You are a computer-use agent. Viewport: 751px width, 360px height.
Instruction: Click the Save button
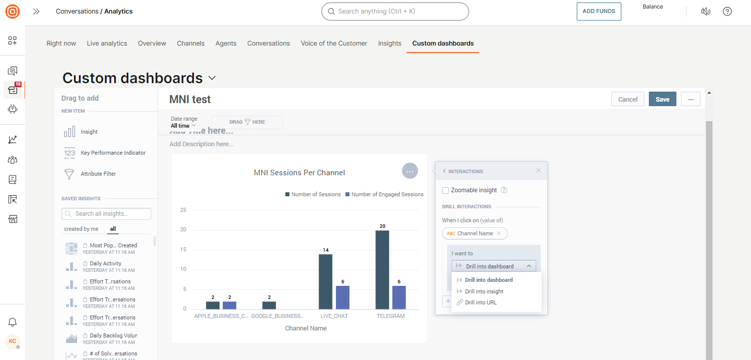662,99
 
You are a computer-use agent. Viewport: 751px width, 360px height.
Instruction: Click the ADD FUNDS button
599,12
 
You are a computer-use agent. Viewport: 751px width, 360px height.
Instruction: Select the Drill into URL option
481,302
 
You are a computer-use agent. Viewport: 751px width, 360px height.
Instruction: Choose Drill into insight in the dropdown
484,291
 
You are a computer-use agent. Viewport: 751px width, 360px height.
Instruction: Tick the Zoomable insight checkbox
446,190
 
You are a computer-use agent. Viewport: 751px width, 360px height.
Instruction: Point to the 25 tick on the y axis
183,210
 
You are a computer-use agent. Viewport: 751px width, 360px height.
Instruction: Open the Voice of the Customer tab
334,44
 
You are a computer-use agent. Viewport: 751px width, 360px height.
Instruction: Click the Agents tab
226,44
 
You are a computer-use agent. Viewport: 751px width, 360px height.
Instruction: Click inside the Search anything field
396,12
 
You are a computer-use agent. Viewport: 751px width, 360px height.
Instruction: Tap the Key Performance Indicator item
113,153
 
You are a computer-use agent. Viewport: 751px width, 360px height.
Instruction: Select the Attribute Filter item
98,174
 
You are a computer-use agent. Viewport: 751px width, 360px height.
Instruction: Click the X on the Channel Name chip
499,233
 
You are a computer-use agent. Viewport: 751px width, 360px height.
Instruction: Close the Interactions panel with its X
538,171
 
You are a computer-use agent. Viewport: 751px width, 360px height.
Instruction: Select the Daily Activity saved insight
105,263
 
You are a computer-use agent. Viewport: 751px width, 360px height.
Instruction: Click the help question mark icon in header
727,12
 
